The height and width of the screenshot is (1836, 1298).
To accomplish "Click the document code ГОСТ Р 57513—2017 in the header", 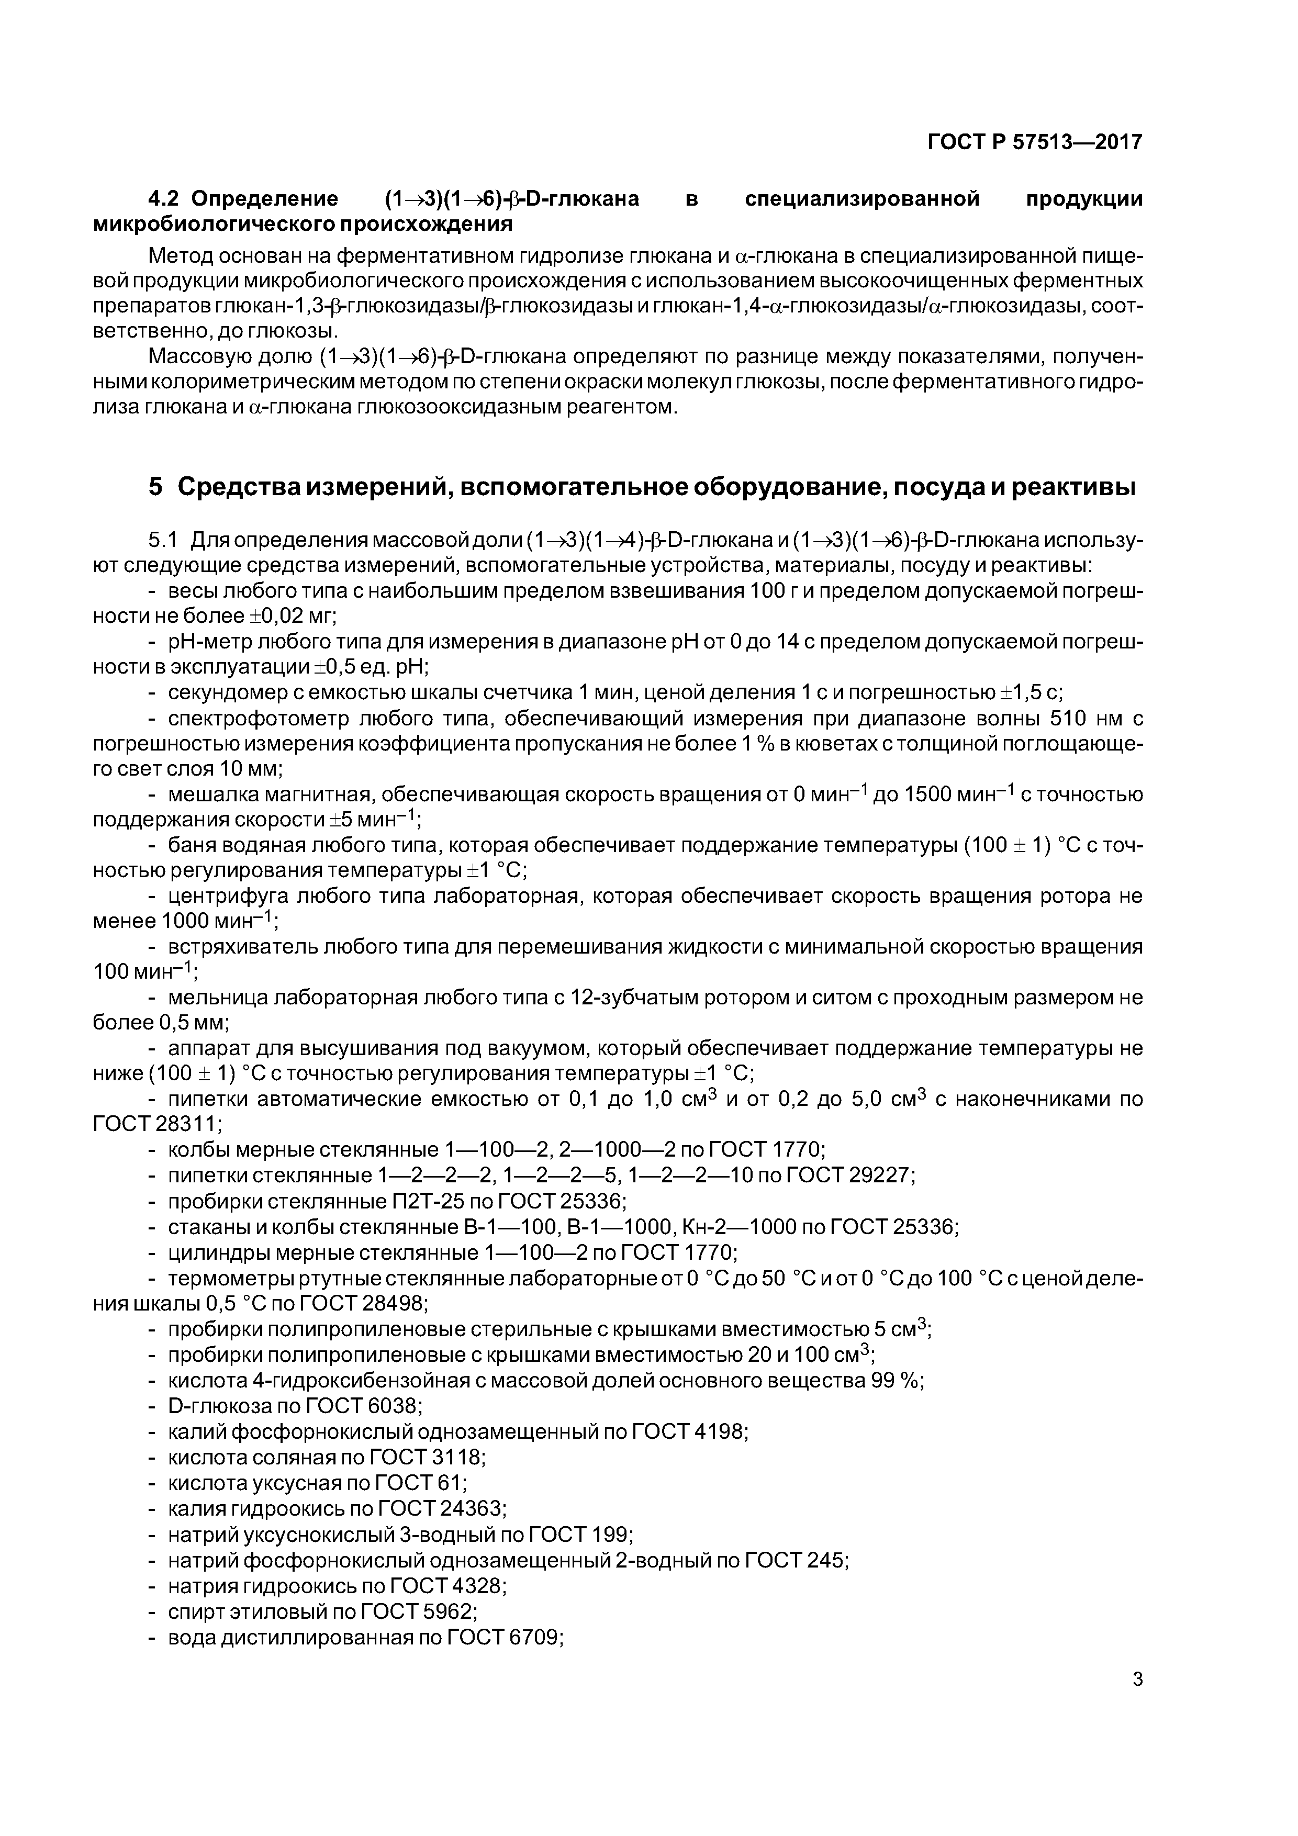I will point(1035,142).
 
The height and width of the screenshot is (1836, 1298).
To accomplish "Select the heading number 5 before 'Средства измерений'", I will point(155,486).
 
